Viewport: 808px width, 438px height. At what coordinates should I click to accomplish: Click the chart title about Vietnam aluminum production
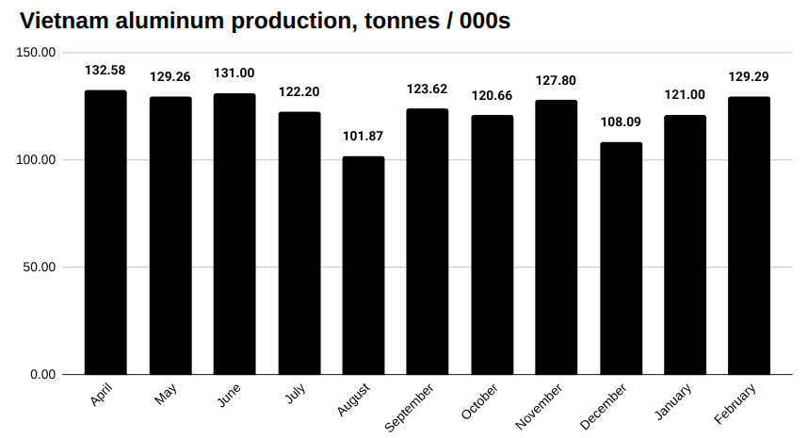[x=265, y=21]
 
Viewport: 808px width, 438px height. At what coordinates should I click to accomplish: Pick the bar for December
[x=621, y=259]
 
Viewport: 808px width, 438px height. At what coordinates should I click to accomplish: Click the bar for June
[x=234, y=235]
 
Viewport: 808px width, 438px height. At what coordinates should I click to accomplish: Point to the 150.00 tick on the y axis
[x=39, y=53]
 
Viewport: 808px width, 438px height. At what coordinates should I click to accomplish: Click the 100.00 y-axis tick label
[x=39, y=160]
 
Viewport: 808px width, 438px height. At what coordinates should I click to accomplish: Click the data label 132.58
[x=105, y=71]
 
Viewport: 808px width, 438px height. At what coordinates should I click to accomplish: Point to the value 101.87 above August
[x=364, y=137]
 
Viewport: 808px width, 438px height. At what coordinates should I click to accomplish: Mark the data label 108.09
[x=621, y=122]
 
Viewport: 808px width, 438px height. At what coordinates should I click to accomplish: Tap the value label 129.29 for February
[x=750, y=77]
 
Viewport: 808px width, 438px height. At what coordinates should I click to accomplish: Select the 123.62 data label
[x=428, y=89]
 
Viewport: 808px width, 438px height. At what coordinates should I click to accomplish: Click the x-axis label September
[x=411, y=407]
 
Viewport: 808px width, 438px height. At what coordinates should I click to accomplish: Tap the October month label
[x=479, y=402]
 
